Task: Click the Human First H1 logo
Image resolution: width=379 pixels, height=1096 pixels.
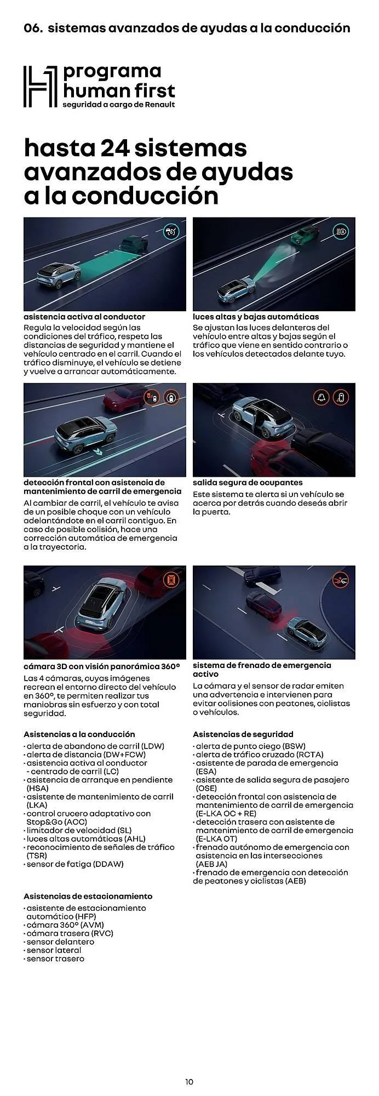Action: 40,87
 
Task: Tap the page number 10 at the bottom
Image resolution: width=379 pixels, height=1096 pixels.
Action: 189,1082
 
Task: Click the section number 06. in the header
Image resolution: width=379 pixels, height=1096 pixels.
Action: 33,28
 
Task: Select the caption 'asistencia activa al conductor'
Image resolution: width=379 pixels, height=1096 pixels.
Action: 84,317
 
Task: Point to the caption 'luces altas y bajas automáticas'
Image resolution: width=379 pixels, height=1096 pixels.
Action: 255,317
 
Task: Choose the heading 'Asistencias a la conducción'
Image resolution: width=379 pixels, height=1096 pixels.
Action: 79,734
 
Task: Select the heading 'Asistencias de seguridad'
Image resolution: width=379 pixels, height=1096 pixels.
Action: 243,734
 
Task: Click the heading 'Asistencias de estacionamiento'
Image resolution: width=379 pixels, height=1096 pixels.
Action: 88,897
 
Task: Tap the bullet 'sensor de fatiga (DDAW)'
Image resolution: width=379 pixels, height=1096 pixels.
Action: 75,864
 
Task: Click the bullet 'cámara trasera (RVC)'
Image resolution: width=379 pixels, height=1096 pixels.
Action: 70,933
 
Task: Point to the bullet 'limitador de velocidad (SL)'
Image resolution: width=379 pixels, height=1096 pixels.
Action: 79,831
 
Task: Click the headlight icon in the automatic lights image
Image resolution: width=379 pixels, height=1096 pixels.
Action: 341,232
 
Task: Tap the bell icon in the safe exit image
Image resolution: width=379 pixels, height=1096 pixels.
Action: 321,397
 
